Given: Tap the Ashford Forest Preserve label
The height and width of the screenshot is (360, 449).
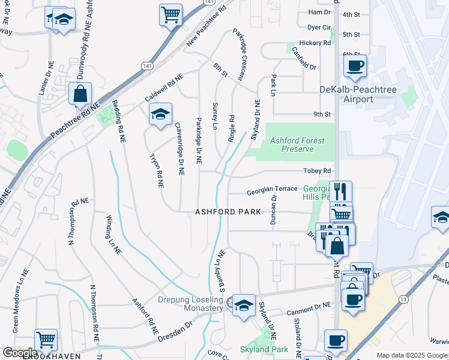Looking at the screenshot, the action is [297, 145].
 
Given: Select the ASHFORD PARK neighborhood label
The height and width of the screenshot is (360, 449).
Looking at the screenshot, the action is [228, 212].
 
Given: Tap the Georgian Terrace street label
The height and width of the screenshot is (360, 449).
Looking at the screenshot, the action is [272, 189].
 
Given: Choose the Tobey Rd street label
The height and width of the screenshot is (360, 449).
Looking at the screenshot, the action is [318, 171].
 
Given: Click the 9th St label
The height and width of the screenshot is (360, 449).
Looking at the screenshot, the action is [322, 114].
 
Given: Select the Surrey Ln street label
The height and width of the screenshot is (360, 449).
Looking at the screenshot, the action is [214, 116].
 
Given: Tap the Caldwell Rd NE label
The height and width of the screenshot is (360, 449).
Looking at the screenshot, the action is [163, 88].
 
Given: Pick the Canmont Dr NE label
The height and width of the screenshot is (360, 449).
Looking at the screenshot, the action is [309, 309].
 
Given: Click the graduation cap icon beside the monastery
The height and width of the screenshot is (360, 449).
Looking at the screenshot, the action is [244, 305].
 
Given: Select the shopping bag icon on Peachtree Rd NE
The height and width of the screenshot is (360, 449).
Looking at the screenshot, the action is [80, 94].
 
